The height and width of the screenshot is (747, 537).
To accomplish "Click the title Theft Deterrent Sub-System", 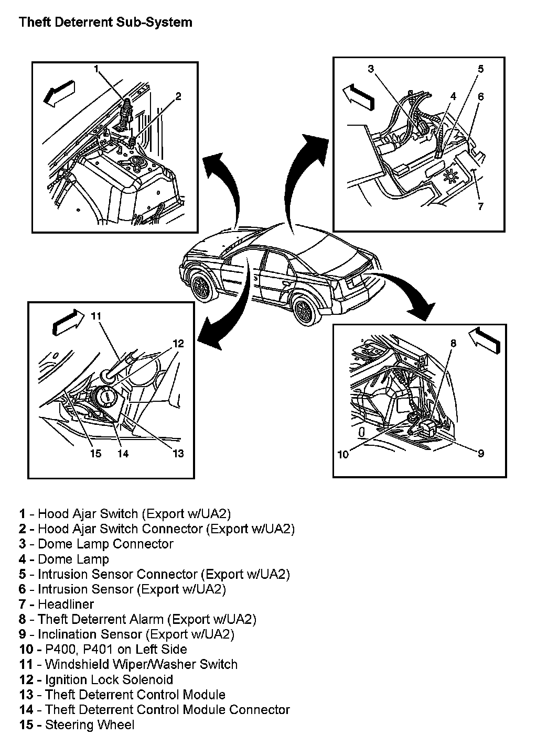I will click(105, 23).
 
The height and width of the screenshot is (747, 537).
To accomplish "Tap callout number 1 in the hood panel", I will click(97, 69).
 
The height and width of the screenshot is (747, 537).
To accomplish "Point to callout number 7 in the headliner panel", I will click(480, 206).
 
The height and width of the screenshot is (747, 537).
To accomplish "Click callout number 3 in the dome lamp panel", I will click(370, 69).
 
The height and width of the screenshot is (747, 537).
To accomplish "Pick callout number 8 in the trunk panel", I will click(454, 343).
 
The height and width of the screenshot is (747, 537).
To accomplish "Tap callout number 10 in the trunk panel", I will click(342, 454).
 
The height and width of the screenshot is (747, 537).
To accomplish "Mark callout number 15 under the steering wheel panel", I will click(95, 454).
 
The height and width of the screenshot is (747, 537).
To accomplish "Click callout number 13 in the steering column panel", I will click(178, 454).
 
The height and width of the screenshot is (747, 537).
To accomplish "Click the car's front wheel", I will click(202, 285).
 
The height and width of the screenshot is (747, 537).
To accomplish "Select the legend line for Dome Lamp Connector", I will click(96, 544).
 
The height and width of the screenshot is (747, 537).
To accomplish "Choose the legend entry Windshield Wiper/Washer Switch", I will click(128, 664).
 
